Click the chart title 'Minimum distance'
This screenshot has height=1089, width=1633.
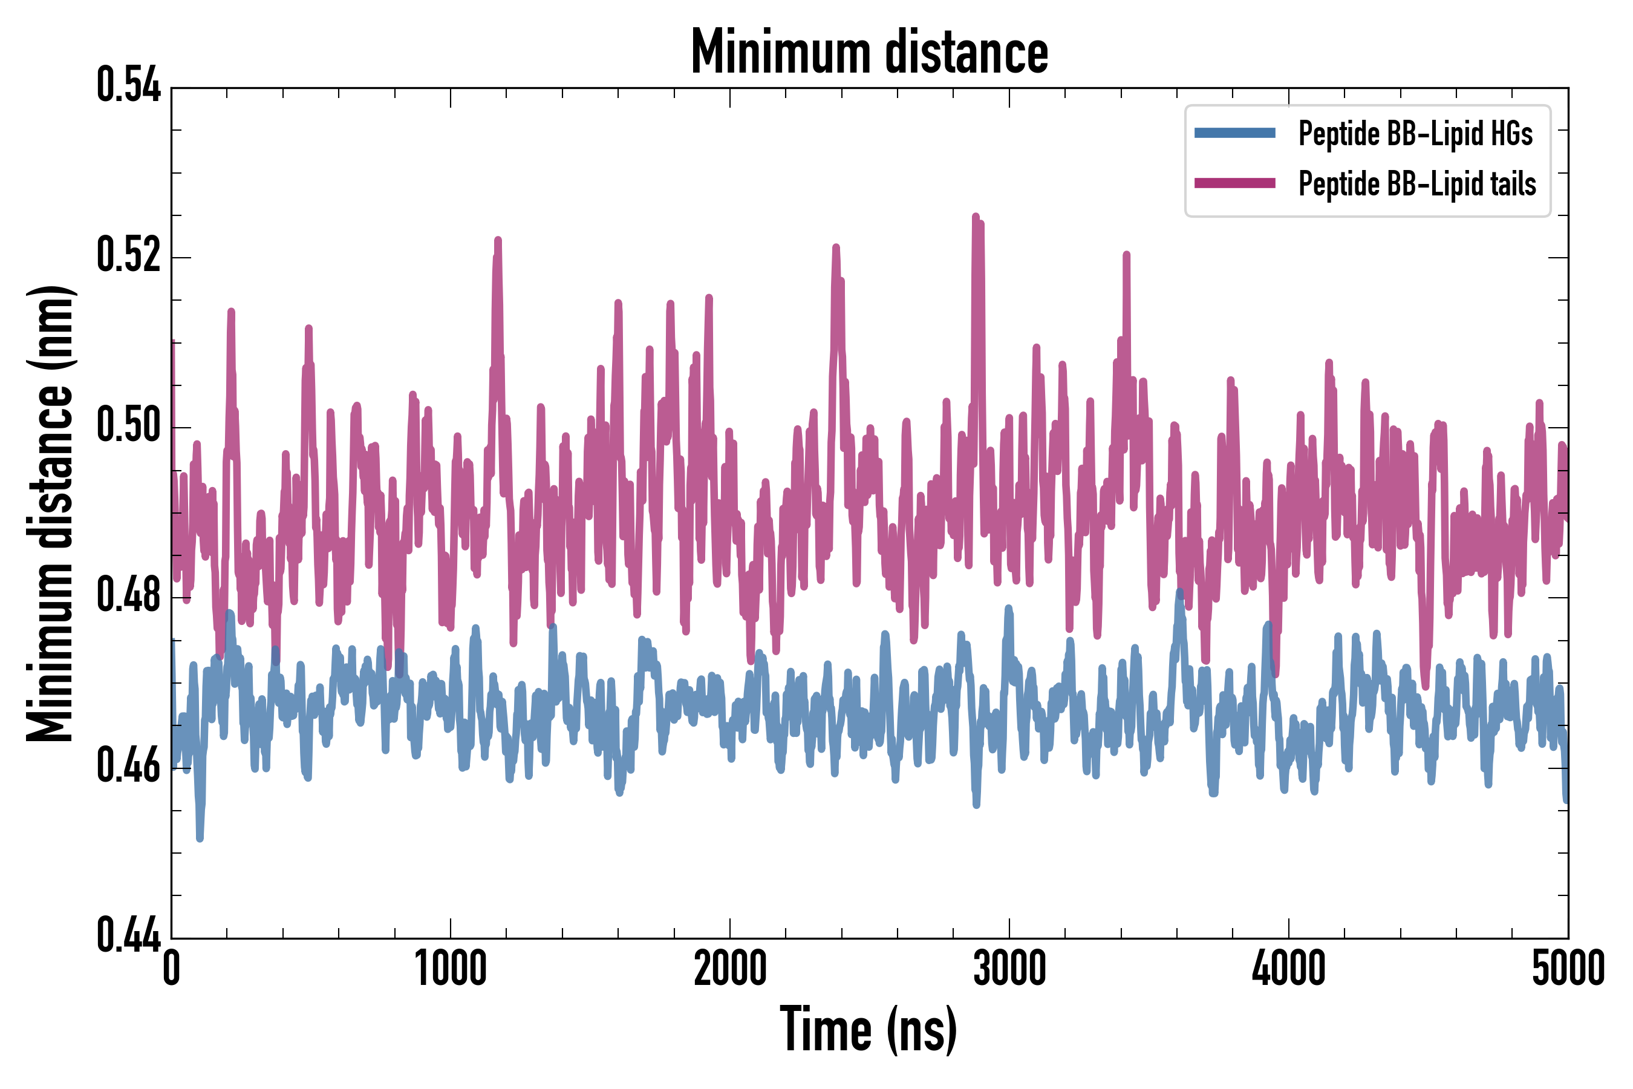pos(869,52)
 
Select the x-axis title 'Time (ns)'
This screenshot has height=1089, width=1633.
pos(869,1029)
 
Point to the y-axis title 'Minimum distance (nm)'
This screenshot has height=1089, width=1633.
pos(50,514)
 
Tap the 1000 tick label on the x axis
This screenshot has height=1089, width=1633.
pos(451,969)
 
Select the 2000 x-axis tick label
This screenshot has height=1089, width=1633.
pos(730,969)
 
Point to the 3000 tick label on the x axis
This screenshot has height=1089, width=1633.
pos(1009,969)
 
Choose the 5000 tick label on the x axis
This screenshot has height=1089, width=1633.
pos(1568,969)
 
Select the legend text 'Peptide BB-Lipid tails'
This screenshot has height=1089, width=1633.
pos(1417,184)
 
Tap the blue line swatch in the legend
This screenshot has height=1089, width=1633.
pos(1234,133)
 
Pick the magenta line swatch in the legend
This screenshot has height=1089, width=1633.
pos(1234,183)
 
